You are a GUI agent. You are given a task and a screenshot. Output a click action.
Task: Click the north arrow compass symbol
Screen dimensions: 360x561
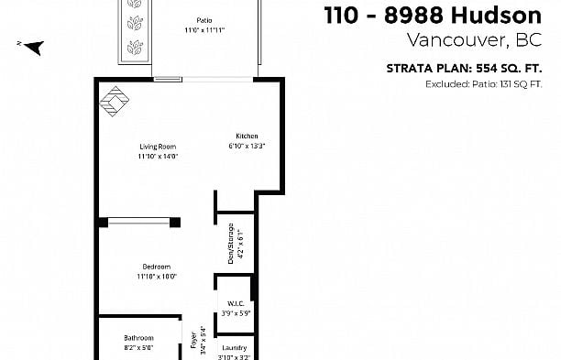coord(32,48)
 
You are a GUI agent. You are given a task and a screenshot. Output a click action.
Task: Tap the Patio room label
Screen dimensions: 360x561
coord(203,20)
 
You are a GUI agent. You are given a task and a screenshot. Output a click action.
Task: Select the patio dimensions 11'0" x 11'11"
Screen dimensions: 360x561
coord(203,30)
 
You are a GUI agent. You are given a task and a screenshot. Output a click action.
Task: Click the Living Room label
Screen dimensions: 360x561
coord(157,147)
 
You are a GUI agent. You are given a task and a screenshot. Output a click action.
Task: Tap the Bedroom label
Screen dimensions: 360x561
coord(156,267)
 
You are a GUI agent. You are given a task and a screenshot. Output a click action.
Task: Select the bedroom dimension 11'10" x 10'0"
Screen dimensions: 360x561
coord(156,277)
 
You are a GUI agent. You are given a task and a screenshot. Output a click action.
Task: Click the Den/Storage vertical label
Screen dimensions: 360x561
coord(228,242)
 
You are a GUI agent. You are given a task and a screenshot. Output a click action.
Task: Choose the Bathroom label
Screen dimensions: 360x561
coord(138,337)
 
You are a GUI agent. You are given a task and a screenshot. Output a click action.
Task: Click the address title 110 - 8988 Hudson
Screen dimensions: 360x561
coord(434,15)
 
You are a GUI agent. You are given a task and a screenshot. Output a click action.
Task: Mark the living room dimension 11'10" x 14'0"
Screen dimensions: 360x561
coord(157,157)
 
